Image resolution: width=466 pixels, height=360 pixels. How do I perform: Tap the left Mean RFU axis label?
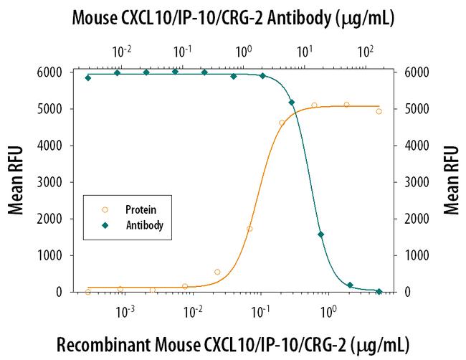16,181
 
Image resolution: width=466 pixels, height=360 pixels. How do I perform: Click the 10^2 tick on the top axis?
366,52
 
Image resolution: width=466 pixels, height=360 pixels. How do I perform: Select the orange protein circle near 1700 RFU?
249,229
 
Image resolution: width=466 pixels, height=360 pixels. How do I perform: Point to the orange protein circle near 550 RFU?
217,272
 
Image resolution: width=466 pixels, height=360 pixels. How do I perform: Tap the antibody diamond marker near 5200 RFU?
292,103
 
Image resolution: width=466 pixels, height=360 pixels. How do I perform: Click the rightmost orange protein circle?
379,111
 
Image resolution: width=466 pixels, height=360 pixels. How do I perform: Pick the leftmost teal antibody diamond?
88,77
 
